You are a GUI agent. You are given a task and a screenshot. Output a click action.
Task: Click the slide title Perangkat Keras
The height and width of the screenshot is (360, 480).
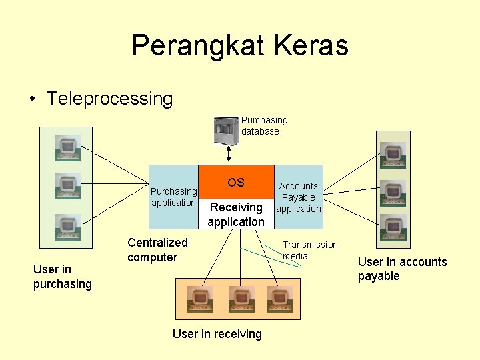point(240,46)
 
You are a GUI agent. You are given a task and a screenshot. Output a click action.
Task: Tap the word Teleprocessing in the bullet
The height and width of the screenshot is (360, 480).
point(109,99)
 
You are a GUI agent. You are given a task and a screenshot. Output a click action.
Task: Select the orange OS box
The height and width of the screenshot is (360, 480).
point(236,182)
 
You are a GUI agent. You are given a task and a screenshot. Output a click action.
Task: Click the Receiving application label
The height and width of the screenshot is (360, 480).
point(236,214)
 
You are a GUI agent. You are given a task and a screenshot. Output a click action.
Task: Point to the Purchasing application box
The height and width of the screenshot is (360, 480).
point(173,197)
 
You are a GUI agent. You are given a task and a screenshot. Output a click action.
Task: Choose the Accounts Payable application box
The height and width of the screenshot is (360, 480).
point(299,197)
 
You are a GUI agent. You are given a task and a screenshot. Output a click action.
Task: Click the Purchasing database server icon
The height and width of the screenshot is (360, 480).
point(225,130)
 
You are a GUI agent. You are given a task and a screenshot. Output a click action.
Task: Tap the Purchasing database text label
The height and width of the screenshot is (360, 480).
point(264,126)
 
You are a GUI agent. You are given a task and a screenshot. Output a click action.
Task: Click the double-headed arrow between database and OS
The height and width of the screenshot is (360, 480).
point(229,154)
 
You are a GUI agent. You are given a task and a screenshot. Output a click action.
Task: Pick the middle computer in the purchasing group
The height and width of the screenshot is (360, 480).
point(67,186)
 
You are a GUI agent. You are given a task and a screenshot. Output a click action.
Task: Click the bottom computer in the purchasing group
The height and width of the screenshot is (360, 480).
point(67,226)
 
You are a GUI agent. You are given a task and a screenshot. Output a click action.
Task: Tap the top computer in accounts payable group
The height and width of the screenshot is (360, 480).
point(393,154)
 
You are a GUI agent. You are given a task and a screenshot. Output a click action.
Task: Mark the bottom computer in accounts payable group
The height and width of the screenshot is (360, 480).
point(393,227)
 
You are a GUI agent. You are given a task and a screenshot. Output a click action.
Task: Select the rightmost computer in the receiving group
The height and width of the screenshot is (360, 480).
point(279,299)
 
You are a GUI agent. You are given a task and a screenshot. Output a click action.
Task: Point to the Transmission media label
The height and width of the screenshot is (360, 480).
point(310,251)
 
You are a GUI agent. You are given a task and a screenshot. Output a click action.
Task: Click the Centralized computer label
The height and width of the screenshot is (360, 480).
point(157,250)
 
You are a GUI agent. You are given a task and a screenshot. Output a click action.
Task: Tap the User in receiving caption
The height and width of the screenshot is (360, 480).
point(217,334)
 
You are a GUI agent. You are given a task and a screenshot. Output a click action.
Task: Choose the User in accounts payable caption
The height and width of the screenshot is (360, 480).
point(402,269)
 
